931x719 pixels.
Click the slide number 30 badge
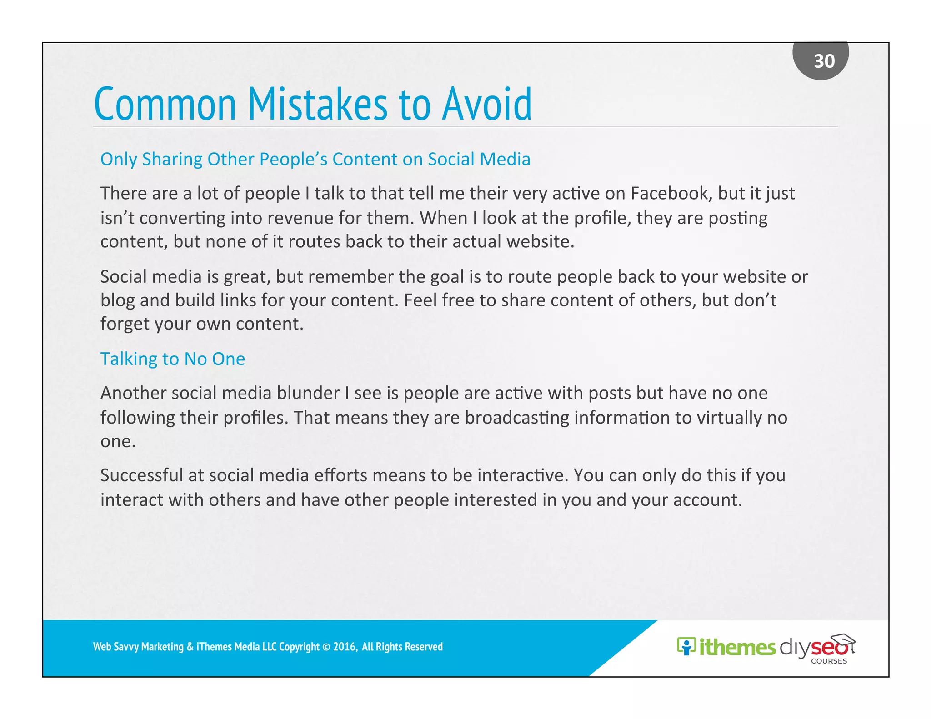[x=820, y=60]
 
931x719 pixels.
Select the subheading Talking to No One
[x=172, y=359]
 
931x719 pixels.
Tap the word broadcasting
[x=516, y=418]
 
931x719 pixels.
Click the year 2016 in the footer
[x=344, y=647]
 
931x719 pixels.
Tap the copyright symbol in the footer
[x=326, y=647]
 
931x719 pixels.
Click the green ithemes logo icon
[x=686, y=646]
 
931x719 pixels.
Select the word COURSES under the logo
[x=829, y=661]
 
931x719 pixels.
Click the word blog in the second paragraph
[x=117, y=300]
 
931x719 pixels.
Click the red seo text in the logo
[x=828, y=648]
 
